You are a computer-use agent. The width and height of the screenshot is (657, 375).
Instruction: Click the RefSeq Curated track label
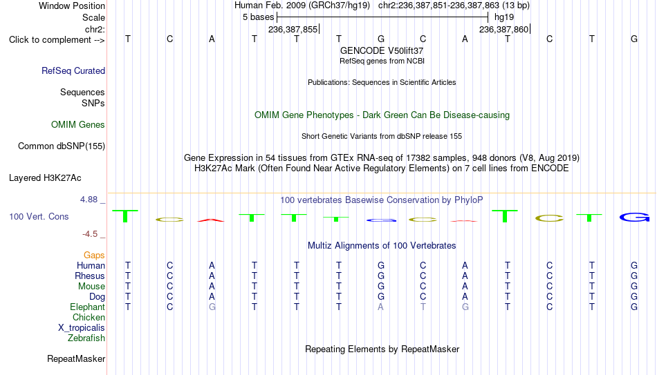(73, 70)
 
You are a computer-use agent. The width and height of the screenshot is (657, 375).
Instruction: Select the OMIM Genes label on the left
(78, 125)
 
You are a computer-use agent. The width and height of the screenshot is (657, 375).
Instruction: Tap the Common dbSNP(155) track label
(62, 146)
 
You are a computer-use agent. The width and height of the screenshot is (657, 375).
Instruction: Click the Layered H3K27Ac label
(45, 178)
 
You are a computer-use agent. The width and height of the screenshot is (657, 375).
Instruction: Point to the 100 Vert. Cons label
(39, 216)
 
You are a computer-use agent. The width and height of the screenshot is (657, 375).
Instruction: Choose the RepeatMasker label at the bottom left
(76, 358)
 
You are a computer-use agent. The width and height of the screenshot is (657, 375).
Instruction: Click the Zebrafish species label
(86, 338)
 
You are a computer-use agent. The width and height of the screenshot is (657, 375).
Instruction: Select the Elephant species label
(88, 307)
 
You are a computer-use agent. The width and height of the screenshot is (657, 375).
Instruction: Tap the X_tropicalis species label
(82, 328)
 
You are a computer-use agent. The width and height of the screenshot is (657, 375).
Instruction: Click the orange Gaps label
(94, 256)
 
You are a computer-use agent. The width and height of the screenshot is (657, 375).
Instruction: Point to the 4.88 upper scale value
(89, 200)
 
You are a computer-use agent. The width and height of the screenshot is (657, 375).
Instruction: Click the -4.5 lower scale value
(90, 234)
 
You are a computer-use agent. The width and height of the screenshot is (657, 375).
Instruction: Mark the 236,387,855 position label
(293, 29)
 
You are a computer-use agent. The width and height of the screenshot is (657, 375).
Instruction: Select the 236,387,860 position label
(504, 29)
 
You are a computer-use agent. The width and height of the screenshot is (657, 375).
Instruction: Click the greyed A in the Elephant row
(380, 307)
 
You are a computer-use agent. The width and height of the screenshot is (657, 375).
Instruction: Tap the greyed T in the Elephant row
(423, 307)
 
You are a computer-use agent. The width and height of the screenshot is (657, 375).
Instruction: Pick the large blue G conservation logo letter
(634, 218)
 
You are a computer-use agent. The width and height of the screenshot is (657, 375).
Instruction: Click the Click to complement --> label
(57, 40)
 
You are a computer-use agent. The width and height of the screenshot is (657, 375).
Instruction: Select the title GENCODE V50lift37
(382, 50)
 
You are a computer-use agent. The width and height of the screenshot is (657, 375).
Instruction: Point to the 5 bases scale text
(258, 17)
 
